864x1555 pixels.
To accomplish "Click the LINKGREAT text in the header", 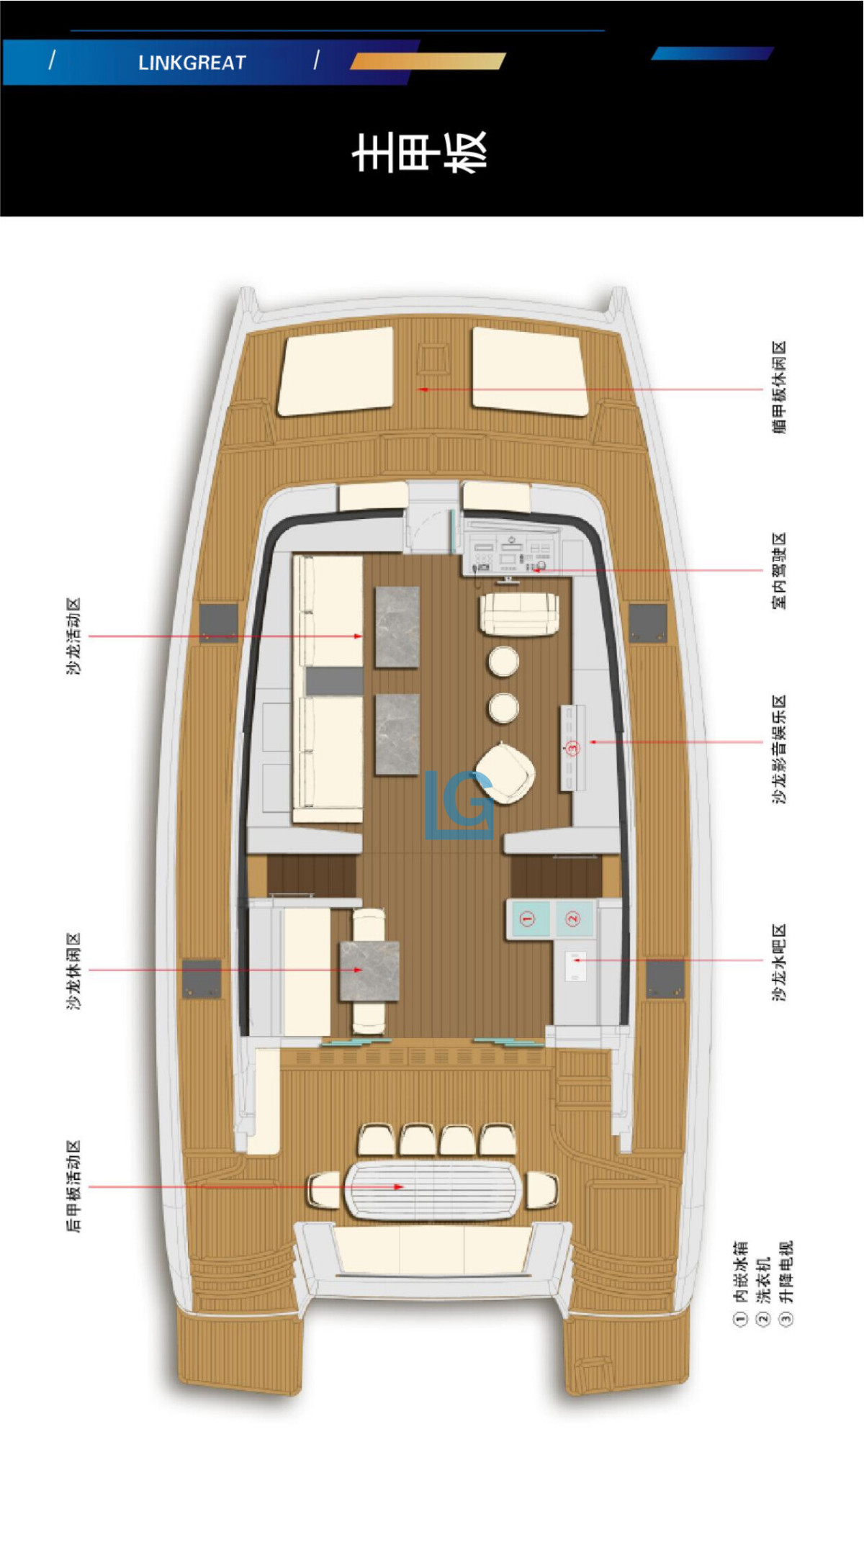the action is coord(192,63).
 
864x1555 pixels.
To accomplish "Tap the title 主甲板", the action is coord(420,152).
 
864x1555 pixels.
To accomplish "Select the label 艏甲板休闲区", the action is coord(779,387).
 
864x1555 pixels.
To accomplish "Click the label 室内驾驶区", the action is coord(779,571).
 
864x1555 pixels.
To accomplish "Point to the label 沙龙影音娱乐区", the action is coord(779,749).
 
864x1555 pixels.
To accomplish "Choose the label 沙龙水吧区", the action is coord(779,962).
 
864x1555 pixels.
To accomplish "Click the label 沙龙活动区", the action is coord(74,636).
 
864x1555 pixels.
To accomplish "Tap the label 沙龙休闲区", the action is coord(74,971).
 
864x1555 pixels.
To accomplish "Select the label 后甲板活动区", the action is coord(74,1186).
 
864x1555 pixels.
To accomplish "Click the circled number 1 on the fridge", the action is coord(528,919).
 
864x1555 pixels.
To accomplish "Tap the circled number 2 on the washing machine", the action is coord(573,919).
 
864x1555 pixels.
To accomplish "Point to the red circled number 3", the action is coord(573,749).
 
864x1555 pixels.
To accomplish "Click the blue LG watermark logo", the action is coord(459,805).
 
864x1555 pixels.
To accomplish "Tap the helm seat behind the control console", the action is coord(518,613).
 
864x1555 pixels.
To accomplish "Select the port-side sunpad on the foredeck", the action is coord(336,371).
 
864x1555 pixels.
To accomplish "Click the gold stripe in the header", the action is coord(428,61).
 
